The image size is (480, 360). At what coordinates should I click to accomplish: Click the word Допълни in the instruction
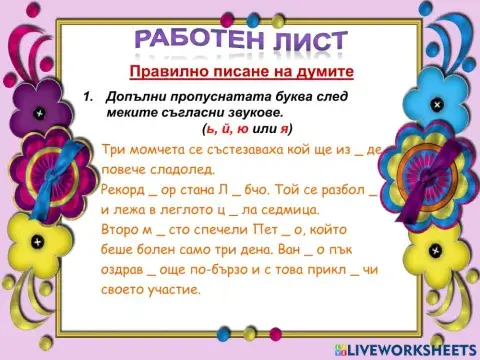click(x=140, y=97)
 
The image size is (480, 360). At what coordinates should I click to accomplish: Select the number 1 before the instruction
click(x=87, y=97)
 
